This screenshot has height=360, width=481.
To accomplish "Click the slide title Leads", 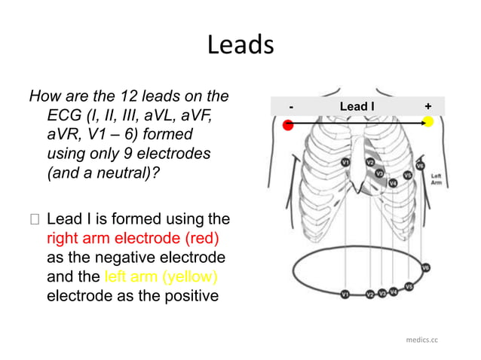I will click(240, 46).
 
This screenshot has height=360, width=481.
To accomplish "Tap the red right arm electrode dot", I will click(288, 125).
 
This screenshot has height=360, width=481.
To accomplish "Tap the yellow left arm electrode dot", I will click(427, 122).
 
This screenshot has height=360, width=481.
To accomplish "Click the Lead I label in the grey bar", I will click(356, 107).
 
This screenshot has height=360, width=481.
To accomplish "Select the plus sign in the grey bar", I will click(427, 107).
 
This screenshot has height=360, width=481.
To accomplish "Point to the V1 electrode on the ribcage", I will click(345, 162).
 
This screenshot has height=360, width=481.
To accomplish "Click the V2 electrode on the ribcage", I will click(370, 162).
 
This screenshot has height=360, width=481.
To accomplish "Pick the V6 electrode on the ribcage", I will click(420, 165).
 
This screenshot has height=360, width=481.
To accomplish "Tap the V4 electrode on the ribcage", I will click(393, 183).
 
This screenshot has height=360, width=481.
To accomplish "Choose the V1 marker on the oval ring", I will click(345, 294).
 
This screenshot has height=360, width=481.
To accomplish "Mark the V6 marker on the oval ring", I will click(426, 267).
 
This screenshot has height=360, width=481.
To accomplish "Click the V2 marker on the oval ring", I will click(369, 294).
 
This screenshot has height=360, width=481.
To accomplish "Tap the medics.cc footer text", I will click(421, 340).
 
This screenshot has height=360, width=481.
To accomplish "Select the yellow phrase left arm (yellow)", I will click(161, 276).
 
